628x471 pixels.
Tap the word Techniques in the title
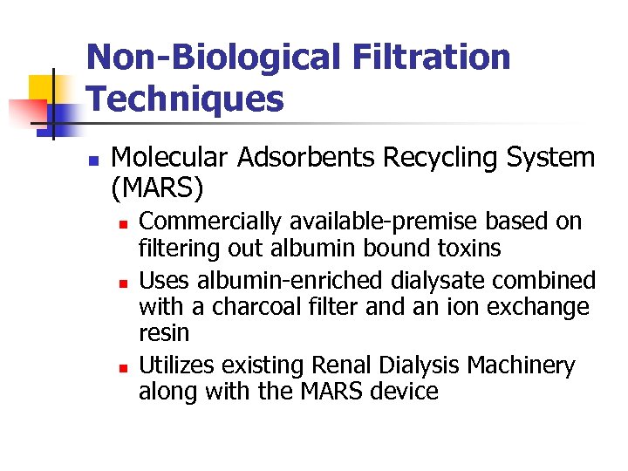(x=185, y=99)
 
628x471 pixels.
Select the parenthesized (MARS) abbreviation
(x=158, y=187)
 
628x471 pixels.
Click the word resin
(x=163, y=334)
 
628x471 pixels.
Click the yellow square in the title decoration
(x=41, y=87)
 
